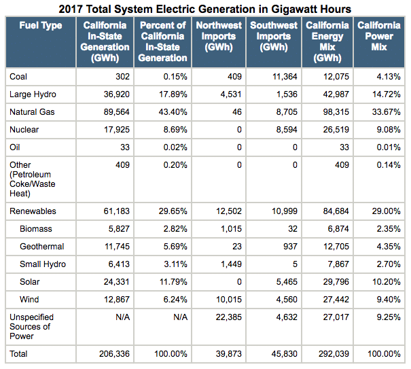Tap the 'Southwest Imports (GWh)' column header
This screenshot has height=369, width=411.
[273, 37]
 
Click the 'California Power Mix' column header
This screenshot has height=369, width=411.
[379, 37]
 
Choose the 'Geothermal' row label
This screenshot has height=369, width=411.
[42, 246]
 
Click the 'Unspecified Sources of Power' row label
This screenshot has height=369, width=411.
[31, 327]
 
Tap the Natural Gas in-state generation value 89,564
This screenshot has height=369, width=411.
[115, 111]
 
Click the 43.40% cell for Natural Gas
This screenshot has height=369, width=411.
[172, 111]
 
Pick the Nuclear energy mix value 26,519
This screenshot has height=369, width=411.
[336, 128]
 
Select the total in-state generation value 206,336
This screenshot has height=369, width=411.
[112, 354]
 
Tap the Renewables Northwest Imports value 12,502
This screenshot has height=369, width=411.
[228, 212]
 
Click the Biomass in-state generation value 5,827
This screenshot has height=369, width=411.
[117, 229]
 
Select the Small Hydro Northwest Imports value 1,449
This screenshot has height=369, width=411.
[230, 264]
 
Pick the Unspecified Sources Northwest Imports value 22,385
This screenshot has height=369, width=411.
[228, 317]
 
